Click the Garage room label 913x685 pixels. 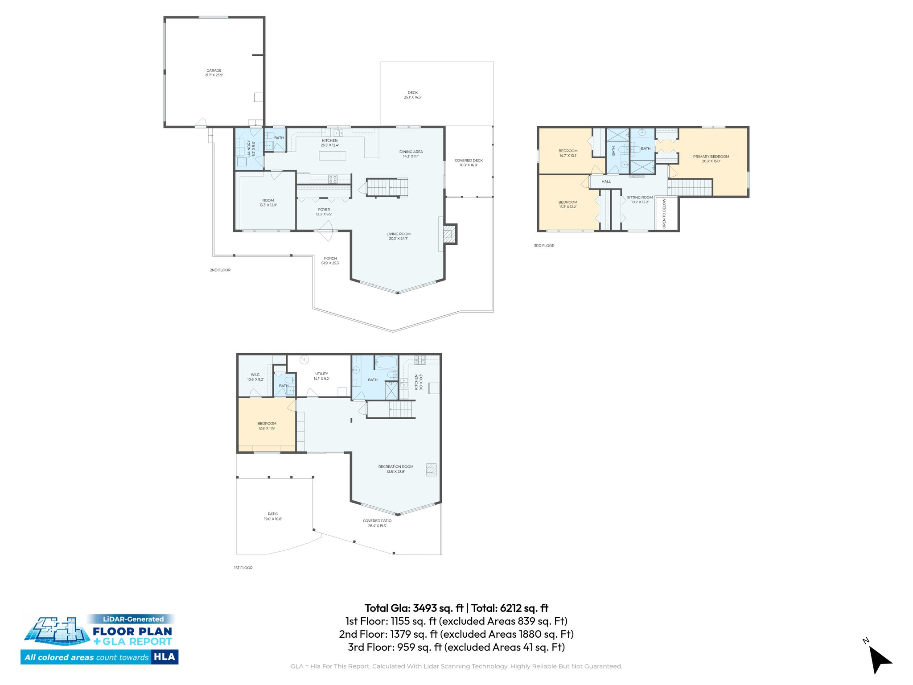(x=214, y=73)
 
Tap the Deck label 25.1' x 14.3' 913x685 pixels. (x=412, y=95)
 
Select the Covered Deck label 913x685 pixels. (x=469, y=162)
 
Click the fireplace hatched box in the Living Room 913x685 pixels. (x=449, y=234)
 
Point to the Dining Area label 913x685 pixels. (x=411, y=154)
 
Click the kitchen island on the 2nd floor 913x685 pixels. (x=332, y=155)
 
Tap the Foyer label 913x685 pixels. (x=324, y=211)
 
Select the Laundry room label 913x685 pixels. (x=251, y=149)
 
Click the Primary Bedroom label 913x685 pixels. (x=711, y=159)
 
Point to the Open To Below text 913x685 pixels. (x=664, y=214)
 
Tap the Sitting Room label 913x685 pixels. (x=639, y=199)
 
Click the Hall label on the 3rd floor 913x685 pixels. (x=606, y=182)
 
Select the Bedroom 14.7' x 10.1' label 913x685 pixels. (x=568, y=153)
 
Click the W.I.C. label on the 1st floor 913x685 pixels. (x=255, y=377)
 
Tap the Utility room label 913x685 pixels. (x=321, y=376)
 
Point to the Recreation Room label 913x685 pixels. (x=395, y=469)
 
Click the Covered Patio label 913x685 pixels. (x=377, y=523)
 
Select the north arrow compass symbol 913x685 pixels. (x=879, y=659)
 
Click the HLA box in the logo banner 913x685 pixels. (x=164, y=657)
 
